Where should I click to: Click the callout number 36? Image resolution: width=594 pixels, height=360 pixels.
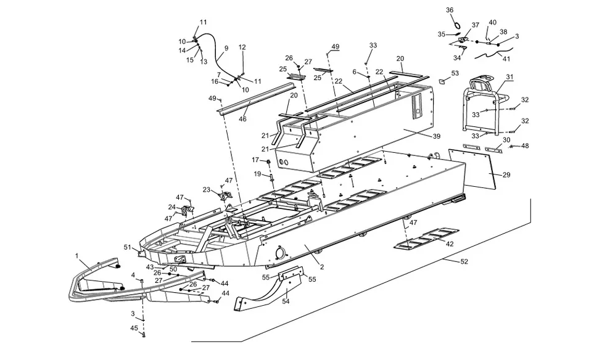pos(450,10)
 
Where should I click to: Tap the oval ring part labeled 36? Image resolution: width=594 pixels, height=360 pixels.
pos(458,25)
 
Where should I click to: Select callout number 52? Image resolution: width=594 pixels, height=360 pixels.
pos(464,261)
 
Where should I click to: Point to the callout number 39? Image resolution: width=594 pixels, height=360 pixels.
pos(437,136)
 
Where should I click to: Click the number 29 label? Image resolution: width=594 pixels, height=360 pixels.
pos(506,175)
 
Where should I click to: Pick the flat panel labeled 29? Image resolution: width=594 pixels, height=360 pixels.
pos(472,168)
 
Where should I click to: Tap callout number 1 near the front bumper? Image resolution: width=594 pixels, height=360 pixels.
pos(77,256)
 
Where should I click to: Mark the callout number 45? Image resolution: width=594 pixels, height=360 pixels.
pos(134,328)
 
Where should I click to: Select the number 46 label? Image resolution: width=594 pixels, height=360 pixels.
pos(242,119)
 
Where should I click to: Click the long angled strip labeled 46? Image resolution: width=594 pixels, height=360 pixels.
pos(251,97)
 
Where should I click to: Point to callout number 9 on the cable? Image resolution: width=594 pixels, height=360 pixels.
pos(226,48)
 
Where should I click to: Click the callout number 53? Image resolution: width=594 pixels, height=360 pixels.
pos(455,73)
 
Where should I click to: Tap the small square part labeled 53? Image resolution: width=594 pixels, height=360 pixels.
pos(442,81)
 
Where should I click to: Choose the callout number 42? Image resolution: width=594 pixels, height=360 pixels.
pos(450,244)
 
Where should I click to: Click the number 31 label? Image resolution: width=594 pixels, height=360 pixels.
pos(510,77)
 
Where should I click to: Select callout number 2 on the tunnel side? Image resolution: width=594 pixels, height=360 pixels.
pos(322,267)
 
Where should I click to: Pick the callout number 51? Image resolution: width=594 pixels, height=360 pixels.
pos(128,248)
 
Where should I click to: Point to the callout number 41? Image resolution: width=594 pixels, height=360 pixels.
pos(506,59)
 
